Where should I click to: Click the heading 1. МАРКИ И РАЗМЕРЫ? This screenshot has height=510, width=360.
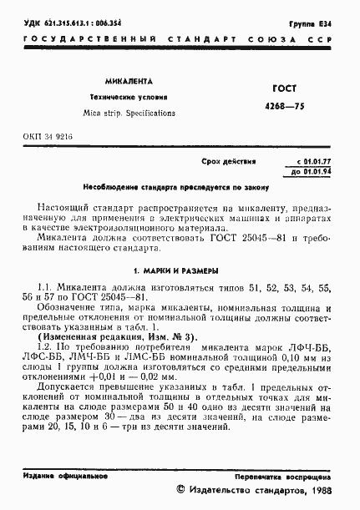(x=175, y=270)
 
